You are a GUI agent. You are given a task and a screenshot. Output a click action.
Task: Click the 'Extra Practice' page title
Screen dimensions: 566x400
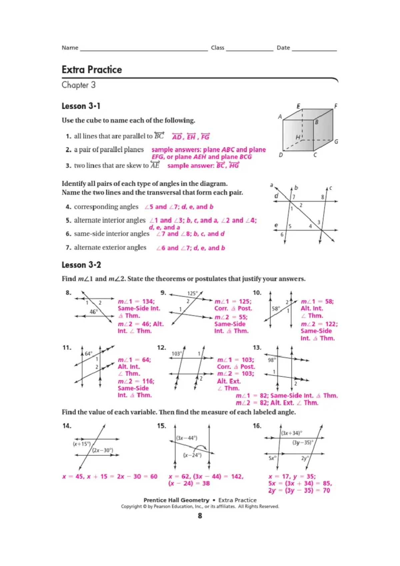pyautogui.click(x=92, y=70)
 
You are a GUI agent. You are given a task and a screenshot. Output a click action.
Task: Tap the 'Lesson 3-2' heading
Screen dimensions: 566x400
pyautogui.click(x=81, y=265)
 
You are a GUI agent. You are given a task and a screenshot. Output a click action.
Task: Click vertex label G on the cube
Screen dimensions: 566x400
pyautogui.click(x=336, y=142)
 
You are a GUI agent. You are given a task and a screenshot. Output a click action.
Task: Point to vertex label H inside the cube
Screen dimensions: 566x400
pyautogui.click(x=298, y=137)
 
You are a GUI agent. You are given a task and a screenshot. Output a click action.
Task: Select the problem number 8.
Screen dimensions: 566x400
pyautogui.click(x=68, y=293)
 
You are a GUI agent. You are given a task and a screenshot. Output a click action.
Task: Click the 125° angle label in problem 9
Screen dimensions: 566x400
pyautogui.click(x=192, y=293)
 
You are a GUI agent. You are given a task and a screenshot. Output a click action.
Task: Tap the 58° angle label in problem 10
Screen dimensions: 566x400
pyautogui.click(x=276, y=309)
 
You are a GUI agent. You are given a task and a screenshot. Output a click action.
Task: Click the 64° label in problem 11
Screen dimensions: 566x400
pyautogui.click(x=88, y=354)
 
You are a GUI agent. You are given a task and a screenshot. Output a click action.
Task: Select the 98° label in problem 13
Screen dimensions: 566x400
pyautogui.click(x=272, y=360)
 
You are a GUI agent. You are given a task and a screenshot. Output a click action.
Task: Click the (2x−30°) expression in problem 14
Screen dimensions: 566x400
pyautogui.click(x=103, y=450)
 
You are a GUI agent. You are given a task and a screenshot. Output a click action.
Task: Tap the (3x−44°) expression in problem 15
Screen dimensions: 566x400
pyautogui.click(x=187, y=438)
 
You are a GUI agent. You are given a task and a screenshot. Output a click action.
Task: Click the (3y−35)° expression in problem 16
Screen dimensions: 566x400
pyautogui.click(x=303, y=443)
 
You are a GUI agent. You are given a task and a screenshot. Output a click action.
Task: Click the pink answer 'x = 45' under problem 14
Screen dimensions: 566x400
pyautogui.click(x=73, y=477)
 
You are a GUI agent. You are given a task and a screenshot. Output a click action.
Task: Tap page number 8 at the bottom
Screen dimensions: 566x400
pyautogui.click(x=200, y=516)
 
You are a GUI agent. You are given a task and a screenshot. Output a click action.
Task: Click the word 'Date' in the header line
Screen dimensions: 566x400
pyautogui.click(x=283, y=48)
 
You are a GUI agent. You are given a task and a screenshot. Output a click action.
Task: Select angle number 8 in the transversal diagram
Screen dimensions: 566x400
pyautogui.click(x=322, y=197)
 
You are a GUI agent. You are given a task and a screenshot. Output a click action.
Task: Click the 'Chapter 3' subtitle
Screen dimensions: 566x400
pyautogui.click(x=79, y=85)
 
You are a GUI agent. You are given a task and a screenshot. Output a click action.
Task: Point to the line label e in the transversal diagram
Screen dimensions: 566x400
pyautogui.click(x=276, y=225)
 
